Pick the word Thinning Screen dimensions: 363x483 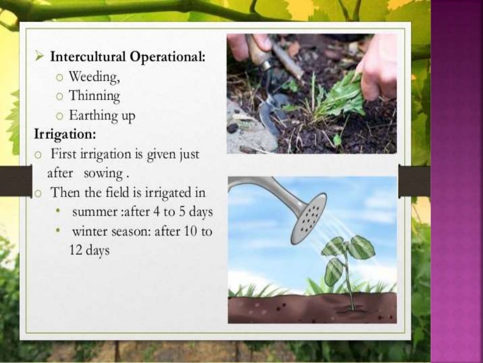(94, 96)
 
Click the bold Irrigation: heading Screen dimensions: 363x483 (65, 135)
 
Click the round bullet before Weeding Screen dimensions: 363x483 (59, 77)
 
